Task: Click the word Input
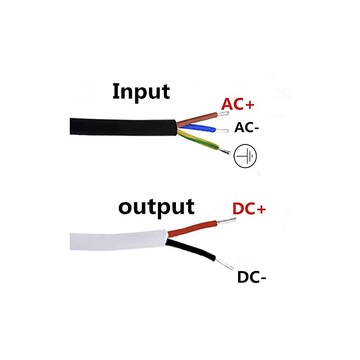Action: tap(141, 91)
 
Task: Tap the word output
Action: tap(156, 207)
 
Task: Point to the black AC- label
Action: tap(247, 128)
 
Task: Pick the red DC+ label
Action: tap(249, 209)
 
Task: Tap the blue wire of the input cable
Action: tap(198, 130)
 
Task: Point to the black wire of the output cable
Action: tap(193, 250)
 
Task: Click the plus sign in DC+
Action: tap(261, 209)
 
